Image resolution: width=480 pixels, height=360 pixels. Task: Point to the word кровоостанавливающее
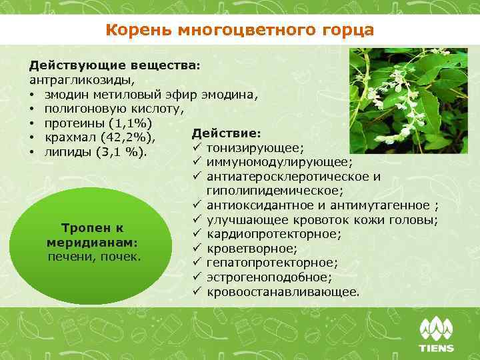(x=283, y=292)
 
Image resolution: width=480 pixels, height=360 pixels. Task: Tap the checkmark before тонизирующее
(x=197, y=147)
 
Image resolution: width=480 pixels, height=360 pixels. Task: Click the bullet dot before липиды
(x=32, y=153)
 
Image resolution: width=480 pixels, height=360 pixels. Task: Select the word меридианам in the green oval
(x=91, y=241)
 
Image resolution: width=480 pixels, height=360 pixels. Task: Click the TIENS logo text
(x=436, y=348)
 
